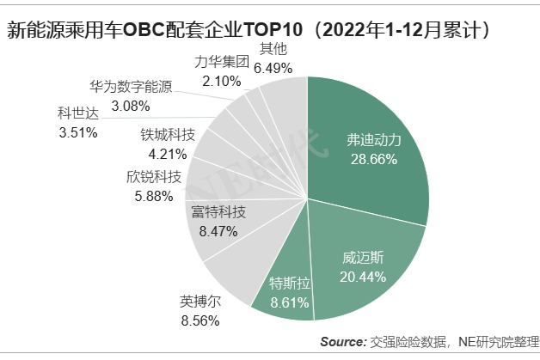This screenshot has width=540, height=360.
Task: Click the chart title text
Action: [249, 32]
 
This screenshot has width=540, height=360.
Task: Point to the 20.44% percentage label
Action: [361, 276]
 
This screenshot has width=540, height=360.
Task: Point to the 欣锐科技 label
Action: [154, 177]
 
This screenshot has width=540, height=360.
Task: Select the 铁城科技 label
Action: [168, 135]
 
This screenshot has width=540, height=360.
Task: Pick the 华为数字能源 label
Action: [131, 87]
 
